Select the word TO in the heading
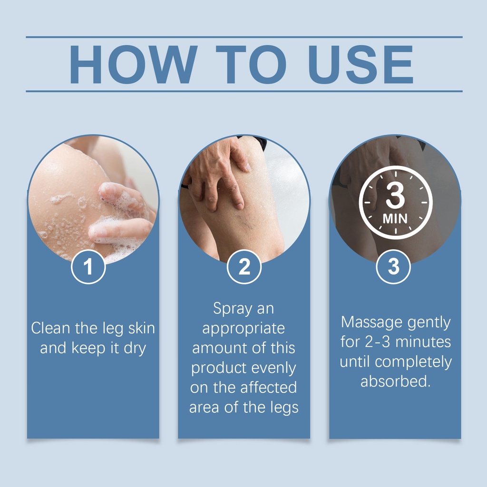pos(251,65)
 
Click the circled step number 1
pos(88,267)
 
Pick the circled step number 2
pos(244,267)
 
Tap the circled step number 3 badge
pos(393,267)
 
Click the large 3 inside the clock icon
pos(395,195)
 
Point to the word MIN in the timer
pos(395,219)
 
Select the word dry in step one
pos(135,348)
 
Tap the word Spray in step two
pos(233,309)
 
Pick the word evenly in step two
pos(273,369)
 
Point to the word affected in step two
pos(269,388)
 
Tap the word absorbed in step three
pos(395,381)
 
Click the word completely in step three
pos(413,362)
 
